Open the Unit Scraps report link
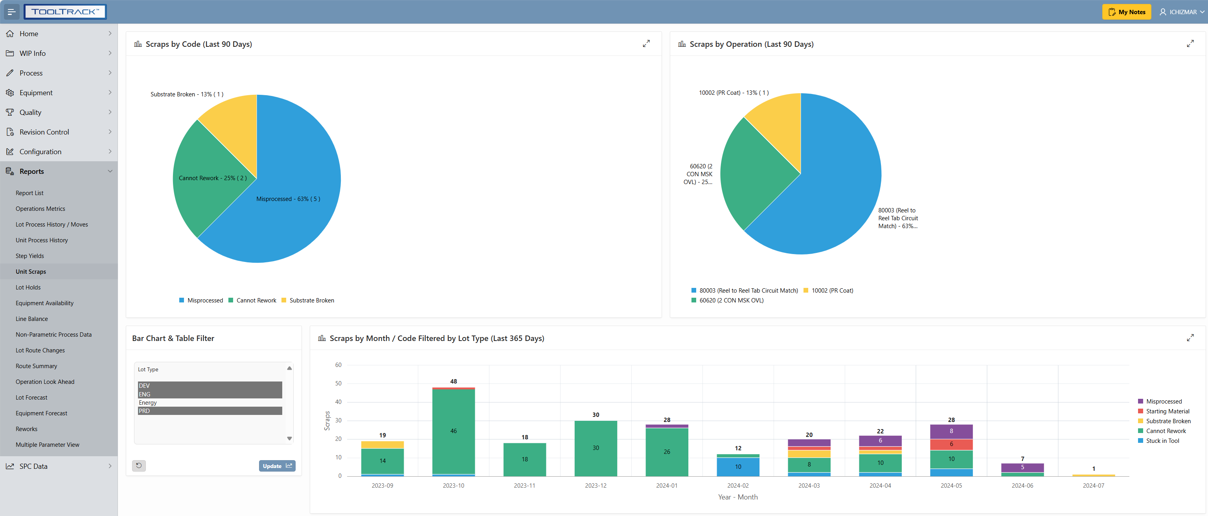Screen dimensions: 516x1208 tap(31, 272)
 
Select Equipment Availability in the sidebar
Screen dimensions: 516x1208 tap(44, 303)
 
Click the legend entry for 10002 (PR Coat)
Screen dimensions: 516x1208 tap(832, 291)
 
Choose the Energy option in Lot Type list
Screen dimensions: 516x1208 tap(148, 402)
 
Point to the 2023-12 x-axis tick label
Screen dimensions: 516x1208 tap(595, 485)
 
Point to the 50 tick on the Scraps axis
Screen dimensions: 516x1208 tap(338, 383)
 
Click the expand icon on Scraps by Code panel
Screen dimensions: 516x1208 tap(646, 44)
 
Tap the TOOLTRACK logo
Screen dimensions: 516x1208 tap(65, 12)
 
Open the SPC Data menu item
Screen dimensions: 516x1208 tap(33, 466)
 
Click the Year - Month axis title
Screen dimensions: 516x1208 tap(737, 497)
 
